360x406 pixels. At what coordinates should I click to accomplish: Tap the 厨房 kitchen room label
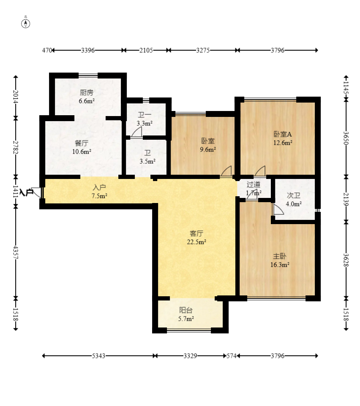[86, 92]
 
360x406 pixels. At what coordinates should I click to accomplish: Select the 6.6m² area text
[87, 101]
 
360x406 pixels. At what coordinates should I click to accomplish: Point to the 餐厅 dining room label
[82, 143]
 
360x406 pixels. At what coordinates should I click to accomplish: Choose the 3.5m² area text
[147, 161]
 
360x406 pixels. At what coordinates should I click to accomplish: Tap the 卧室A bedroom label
[283, 134]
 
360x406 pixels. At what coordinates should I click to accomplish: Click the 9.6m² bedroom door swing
[226, 172]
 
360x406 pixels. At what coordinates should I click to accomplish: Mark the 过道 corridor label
[254, 184]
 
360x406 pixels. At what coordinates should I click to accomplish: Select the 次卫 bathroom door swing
[278, 209]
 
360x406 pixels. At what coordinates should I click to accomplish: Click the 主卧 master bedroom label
[280, 256]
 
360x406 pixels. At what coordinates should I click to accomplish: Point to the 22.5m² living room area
[196, 242]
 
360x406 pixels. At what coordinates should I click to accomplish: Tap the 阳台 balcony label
[186, 310]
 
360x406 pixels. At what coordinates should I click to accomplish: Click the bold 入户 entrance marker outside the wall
[26, 192]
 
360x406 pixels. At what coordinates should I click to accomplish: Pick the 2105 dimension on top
[146, 50]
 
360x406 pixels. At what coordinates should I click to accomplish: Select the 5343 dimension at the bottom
[98, 356]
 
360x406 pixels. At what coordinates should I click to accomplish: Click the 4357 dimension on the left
[16, 252]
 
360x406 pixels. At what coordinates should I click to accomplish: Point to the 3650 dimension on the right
[346, 138]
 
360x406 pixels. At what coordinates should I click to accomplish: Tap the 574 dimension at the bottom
[232, 356]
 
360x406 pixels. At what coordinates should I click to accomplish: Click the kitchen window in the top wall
[88, 76]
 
